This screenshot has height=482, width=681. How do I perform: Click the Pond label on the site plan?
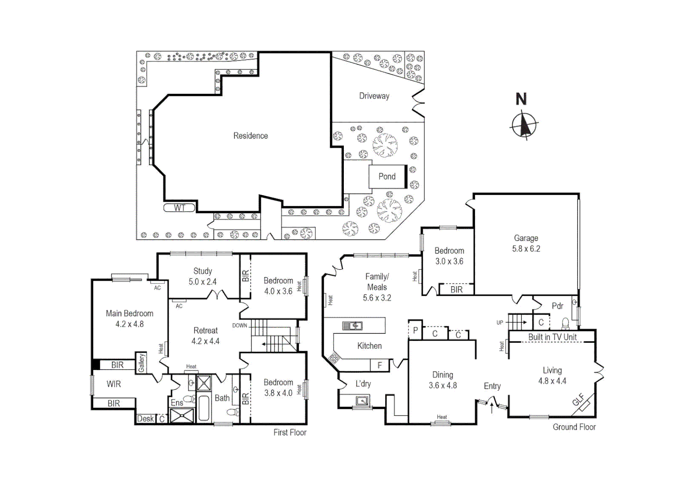(x=387, y=177)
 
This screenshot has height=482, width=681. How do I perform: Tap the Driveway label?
(x=374, y=96)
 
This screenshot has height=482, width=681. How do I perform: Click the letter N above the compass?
(x=521, y=99)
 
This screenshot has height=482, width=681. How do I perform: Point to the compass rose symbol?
(x=524, y=125)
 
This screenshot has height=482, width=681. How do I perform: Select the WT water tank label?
(x=179, y=208)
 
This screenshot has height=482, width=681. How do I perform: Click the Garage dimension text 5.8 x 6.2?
(x=526, y=249)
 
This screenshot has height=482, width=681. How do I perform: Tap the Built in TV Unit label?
(x=552, y=337)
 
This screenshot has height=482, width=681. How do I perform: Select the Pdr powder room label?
(x=557, y=306)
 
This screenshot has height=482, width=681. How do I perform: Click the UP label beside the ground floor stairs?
(x=499, y=322)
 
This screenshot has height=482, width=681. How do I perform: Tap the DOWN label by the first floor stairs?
(x=239, y=325)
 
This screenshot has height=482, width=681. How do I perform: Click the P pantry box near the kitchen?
(x=415, y=331)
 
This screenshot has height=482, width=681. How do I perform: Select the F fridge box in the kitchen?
(x=380, y=366)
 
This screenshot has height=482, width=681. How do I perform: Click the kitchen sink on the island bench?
(x=352, y=326)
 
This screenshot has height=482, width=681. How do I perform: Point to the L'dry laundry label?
(x=363, y=384)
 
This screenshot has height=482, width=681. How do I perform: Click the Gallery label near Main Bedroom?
(x=141, y=363)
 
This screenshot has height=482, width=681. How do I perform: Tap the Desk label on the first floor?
(x=145, y=419)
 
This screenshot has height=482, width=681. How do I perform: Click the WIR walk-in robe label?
(x=114, y=384)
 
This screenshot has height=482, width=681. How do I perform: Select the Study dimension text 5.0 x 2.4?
(x=202, y=282)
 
